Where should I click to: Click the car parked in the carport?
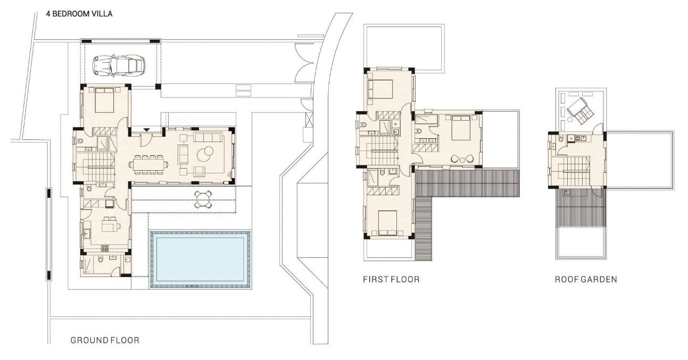(119, 66)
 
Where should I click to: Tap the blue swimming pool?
(200, 259)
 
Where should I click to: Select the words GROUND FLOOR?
(105, 340)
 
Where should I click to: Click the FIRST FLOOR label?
(391, 279)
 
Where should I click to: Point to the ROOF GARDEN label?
(586, 279)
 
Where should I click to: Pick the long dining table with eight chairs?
(148, 165)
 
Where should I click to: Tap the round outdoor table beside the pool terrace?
(203, 199)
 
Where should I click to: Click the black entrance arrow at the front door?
(146, 130)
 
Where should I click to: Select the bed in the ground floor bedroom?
(105, 100)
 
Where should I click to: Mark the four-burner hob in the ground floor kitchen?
(105, 248)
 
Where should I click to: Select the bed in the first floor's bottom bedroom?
(387, 223)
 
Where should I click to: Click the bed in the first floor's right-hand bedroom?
(461, 128)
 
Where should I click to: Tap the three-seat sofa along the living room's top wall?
(208, 137)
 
